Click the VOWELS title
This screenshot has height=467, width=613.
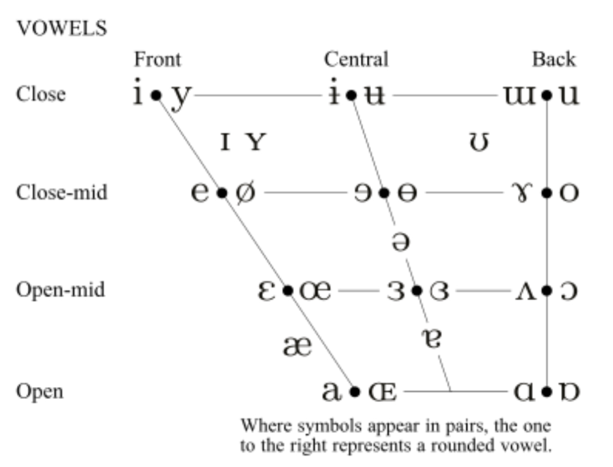click(x=62, y=28)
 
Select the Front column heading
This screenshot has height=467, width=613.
click(x=157, y=60)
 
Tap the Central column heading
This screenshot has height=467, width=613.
click(x=356, y=60)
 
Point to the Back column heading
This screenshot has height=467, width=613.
click(x=553, y=60)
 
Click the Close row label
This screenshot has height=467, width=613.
click(x=41, y=95)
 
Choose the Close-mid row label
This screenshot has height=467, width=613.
click(x=61, y=193)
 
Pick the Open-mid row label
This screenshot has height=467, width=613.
click(x=60, y=290)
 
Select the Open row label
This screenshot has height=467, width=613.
click(x=40, y=391)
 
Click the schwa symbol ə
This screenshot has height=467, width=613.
click(x=400, y=242)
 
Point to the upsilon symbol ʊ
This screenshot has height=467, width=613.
click(x=479, y=142)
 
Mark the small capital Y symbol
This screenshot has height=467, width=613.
click(x=256, y=142)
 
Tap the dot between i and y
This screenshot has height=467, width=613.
click(x=155, y=95)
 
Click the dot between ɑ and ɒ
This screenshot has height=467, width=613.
click(x=547, y=391)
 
